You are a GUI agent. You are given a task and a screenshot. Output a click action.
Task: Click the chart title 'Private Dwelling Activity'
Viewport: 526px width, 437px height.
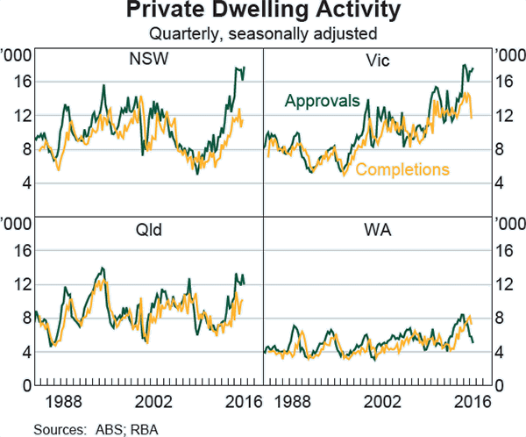(x=263, y=12)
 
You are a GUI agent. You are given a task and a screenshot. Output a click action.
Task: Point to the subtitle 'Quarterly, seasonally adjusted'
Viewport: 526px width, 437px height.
(x=263, y=34)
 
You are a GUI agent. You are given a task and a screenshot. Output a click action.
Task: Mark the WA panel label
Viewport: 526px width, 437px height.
(x=379, y=232)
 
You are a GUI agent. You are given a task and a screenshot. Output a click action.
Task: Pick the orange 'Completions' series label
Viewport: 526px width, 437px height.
(x=403, y=169)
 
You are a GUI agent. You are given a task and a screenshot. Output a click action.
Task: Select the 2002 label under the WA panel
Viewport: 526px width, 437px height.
(x=379, y=403)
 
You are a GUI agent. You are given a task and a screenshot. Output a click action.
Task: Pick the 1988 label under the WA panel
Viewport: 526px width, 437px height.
(x=299, y=403)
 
